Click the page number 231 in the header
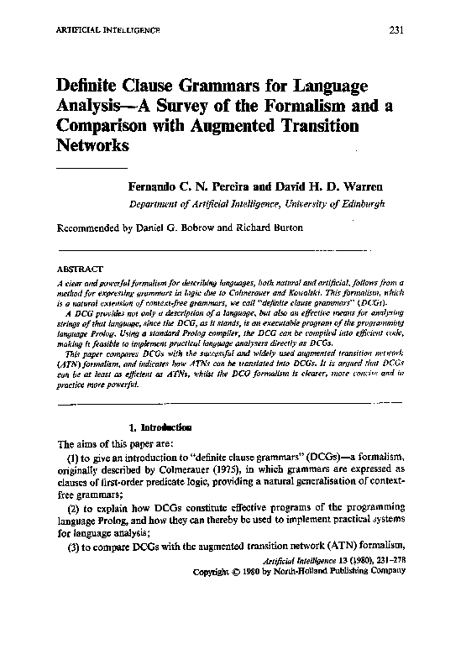pyautogui.click(x=398, y=31)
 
